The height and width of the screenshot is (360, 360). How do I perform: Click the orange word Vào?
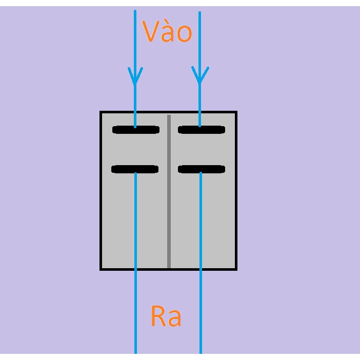click(167, 32)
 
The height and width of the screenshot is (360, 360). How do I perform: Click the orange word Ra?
click(166, 316)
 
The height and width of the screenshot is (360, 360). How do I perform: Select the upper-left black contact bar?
click(136, 130)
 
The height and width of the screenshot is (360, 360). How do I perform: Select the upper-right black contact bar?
click(202, 130)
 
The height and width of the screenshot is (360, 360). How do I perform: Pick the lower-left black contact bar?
click(135, 169)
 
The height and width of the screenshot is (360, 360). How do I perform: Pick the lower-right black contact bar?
click(202, 169)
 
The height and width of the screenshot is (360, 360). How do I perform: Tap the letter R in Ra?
click(158, 316)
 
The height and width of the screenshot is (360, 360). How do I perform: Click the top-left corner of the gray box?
click(101, 112)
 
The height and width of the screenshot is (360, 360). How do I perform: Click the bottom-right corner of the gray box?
click(236, 269)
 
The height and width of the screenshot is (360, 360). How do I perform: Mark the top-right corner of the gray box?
click(236, 112)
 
